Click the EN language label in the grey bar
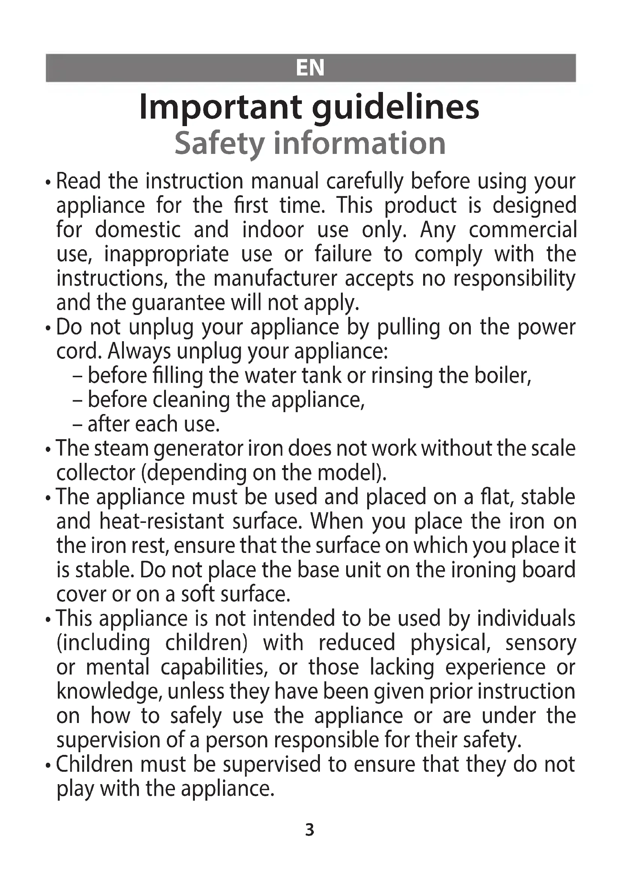click(310, 68)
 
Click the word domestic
click(138, 230)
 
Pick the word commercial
click(523, 230)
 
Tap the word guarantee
click(179, 303)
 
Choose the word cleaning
click(191, 400)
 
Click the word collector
click(96, 473)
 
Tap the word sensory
click(540, 643)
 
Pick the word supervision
click(108, 740)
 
